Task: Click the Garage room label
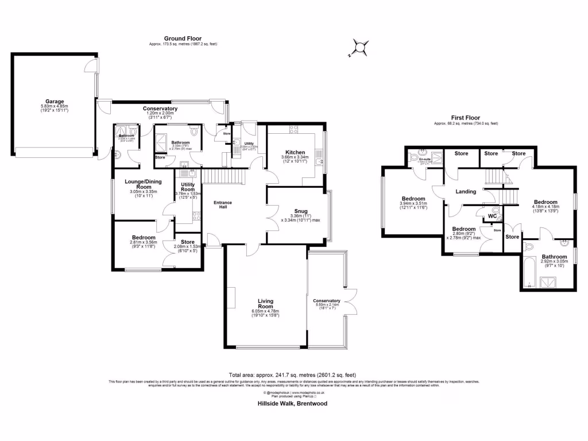click(x=55, y=101)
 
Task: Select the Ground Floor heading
click(x=183, y=38)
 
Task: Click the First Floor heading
click(x=466, y=118)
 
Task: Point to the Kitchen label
click(x=295, y=152)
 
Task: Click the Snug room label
click(x=296, y=211)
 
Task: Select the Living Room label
click(x=265, y=303)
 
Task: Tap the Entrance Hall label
click(x=222, y=206)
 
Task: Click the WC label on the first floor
click(x=492, y=216)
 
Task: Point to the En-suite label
click(x=424, y=161)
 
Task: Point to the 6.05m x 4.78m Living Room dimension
click(x=265, y=312)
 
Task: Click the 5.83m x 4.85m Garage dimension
click(x=55, y=106)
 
